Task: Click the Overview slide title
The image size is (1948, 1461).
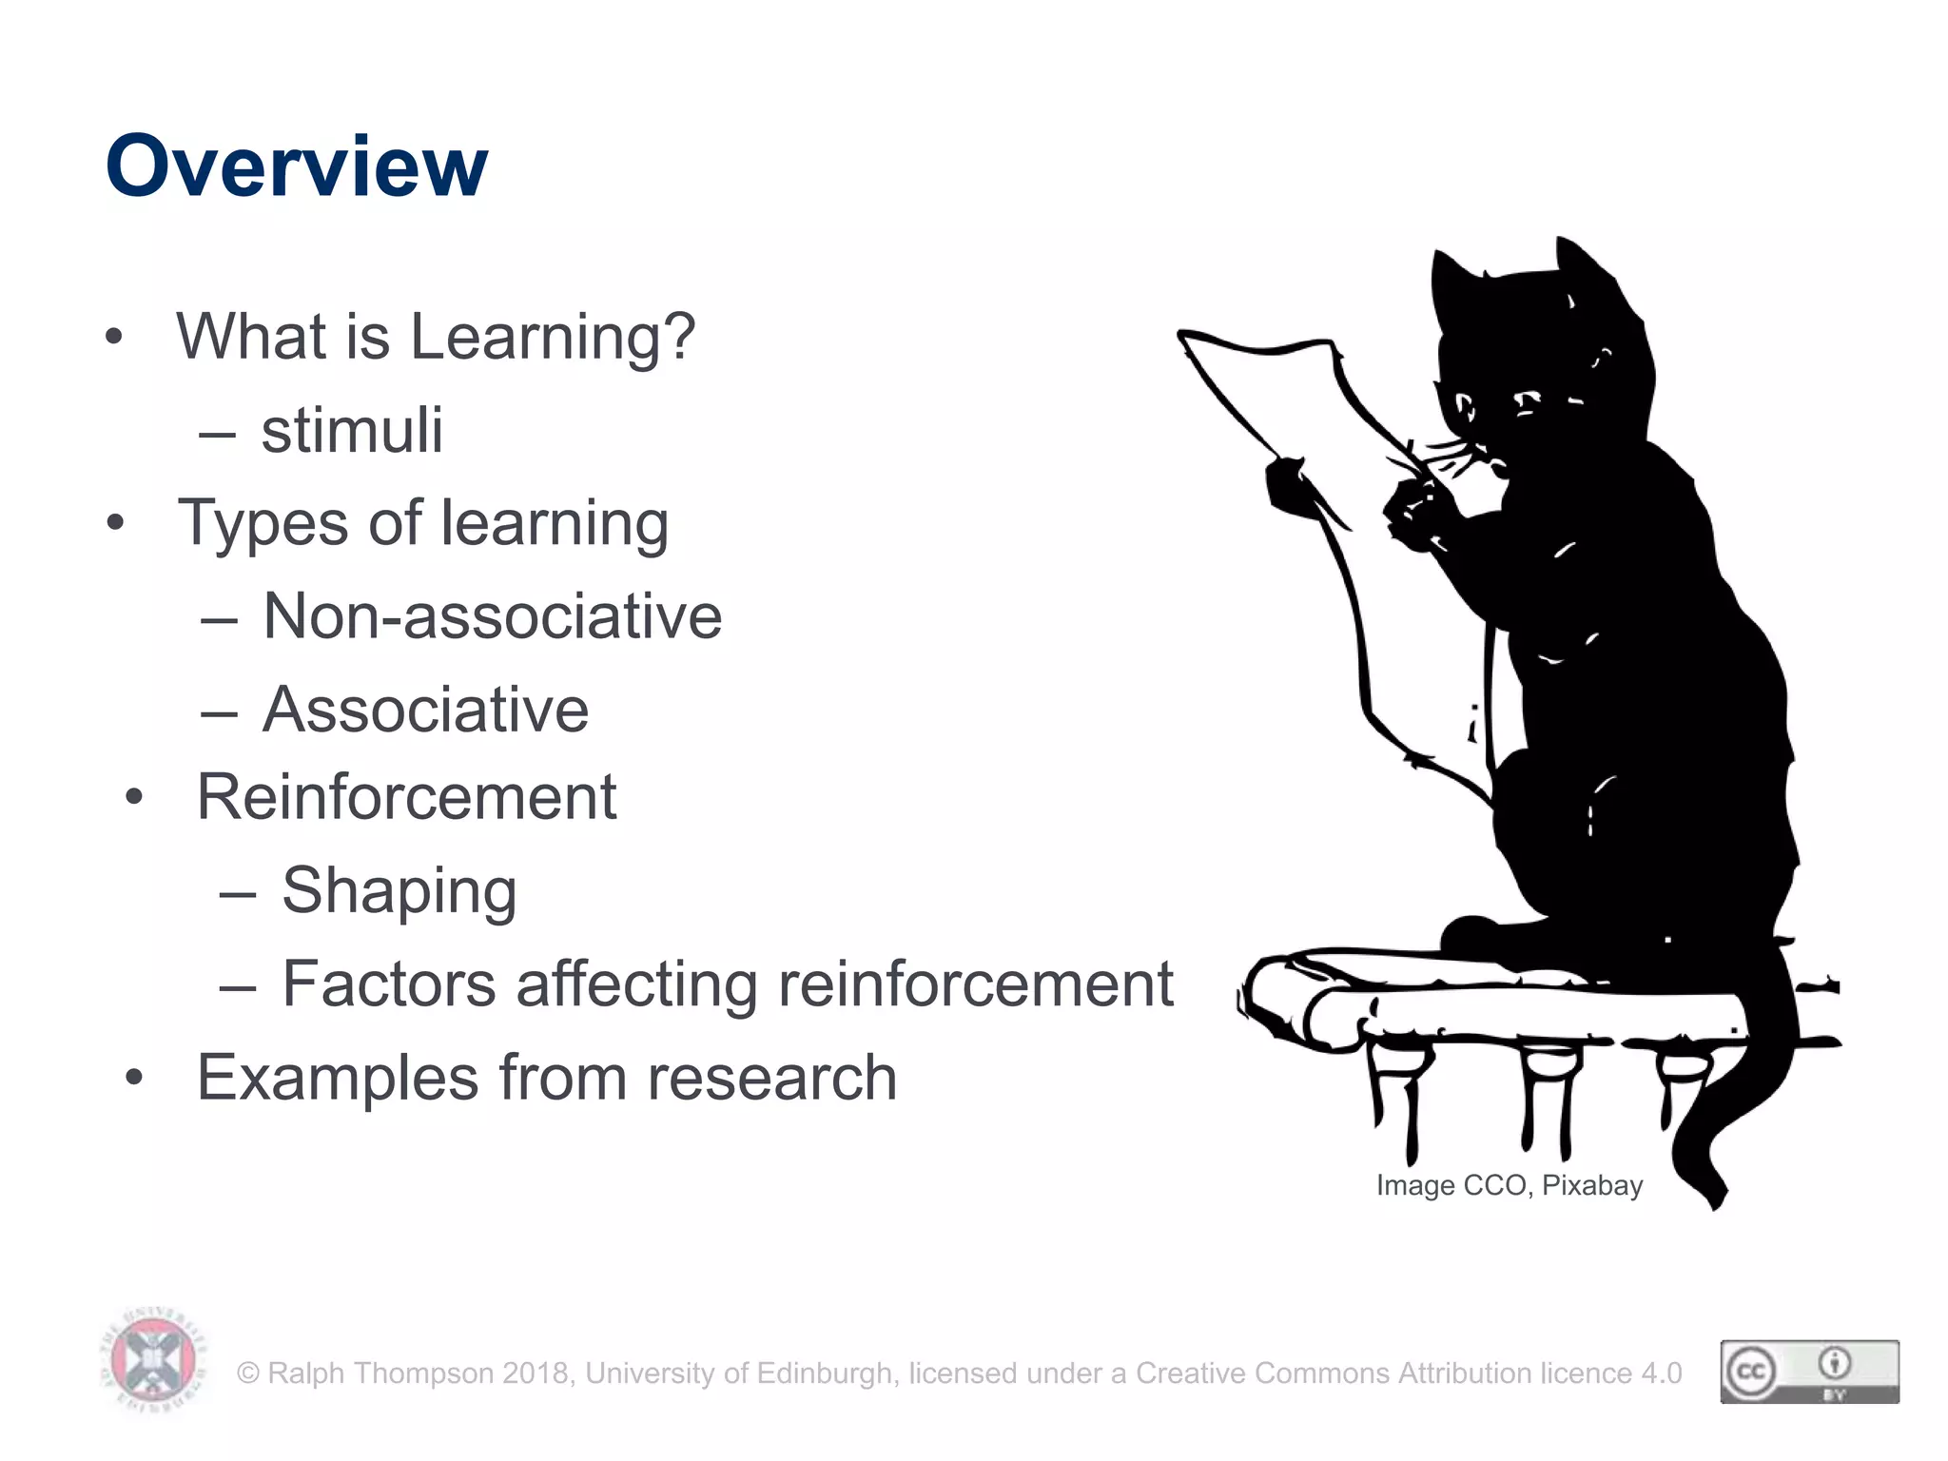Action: pos(296,166)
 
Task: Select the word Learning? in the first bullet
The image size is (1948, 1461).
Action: pos(553,338)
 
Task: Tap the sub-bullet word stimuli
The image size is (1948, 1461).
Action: pos(352,430)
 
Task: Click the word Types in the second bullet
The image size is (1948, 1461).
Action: pos(263,524)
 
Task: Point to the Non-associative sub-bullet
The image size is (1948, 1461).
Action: pos(492,616)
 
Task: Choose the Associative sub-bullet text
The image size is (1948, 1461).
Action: pos(425,710)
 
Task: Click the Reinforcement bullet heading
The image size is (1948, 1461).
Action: pos(406,797)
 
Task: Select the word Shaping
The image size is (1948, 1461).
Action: pos(399,891)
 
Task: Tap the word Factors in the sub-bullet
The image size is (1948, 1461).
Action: pos(388,984)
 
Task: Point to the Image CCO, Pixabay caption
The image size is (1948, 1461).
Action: pos(1509,1185)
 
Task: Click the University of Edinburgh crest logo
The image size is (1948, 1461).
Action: pos(152,1359)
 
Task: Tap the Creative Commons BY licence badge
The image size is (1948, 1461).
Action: pos(1809,1372)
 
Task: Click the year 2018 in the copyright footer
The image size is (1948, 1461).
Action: pos(537,1373)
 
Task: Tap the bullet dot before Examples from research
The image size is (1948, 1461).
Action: pos(134,1078)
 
